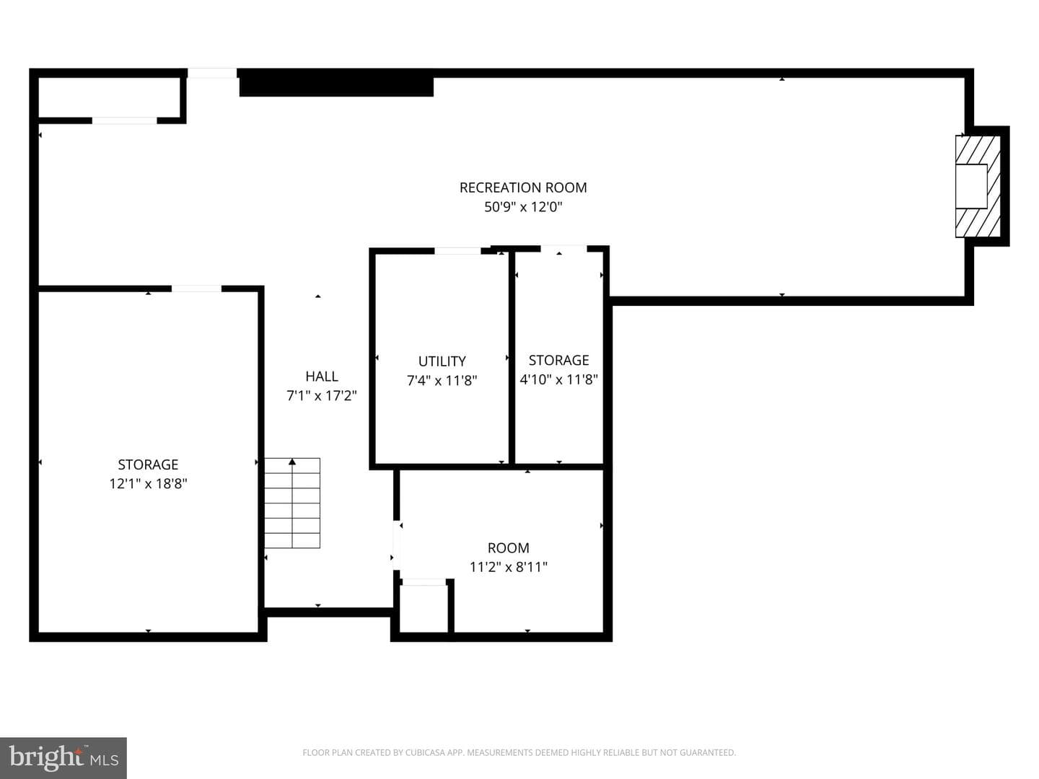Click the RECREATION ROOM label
click(x=523, y=188)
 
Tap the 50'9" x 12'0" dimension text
click(x=523, y=207)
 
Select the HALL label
click(x=322, y=377)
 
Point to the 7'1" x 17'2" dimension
click(x=322, y=395)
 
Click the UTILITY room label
click(x=442, y=361)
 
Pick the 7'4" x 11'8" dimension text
click(x=442, y=380)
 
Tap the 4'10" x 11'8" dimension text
click(x=559, y=379)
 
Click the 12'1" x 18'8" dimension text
click(x=148, y=484)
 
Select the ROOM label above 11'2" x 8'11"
click(x=509, y=547)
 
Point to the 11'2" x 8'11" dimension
click(x=509, y=567)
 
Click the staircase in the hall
click(x=292, y=503)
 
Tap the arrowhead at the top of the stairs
click(x=292, y=462)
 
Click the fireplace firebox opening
click(x=971, y=186)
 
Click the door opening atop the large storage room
click(x=196, y=289)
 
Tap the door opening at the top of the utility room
click(x=457, y=251)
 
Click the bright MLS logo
click(x=63, y=758)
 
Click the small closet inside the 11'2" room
click(x=424, y=608)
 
